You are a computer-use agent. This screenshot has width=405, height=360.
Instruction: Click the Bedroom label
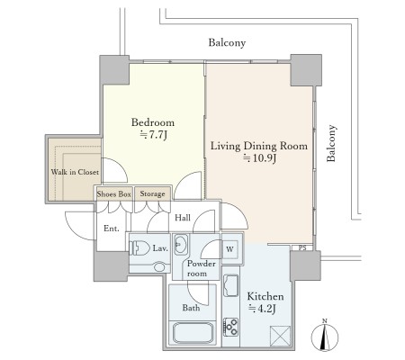pyautogui.click(x=153, y=122)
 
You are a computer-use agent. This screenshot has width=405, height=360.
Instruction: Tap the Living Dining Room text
pyautogui.click(x=259, y=146)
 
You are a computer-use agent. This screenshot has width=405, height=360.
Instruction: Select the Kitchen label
pyautogui.click(x=265, y=296)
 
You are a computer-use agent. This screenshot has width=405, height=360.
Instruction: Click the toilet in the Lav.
pyautogui.click(x=139, y=248)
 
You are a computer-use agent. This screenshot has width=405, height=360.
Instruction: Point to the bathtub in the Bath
pyautogui.click(x=193, y=333)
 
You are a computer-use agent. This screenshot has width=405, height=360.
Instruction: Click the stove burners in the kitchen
pyautogui.click(x=230, y=327)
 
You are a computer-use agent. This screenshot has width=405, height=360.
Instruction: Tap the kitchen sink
pyautogui.click(x=230, y=285)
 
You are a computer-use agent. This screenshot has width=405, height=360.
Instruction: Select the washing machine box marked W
pyautogui.click(x=230, y=249)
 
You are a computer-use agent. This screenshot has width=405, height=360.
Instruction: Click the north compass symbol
pyautogui.click(x=325, y=337)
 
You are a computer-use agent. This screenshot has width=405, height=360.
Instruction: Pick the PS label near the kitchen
pyautogui.click(x=302, y=248)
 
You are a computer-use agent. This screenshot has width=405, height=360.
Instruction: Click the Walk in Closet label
pyautogui.click(x=75, y=172)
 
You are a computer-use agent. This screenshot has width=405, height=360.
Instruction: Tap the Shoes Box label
pyautogui.click(x=114, y=194)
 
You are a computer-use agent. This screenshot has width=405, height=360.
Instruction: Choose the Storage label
pyautogui.click(x=152, y=194)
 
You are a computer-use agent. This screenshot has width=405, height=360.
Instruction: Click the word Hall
pyautogui.click(x=183, y=218)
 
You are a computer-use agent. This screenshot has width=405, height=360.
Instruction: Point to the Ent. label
pyautogui.click(x=112, y=229)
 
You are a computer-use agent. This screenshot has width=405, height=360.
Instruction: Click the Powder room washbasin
pyautogui.click(x=181, y=245)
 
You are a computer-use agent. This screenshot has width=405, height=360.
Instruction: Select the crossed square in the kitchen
pyautogui.click(x=281, y=336)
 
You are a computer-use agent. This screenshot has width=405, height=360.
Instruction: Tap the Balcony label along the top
pyautogui.click(x=227, y=43)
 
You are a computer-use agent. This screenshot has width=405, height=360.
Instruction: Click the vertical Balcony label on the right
pyautogui.click(x=331, y=143)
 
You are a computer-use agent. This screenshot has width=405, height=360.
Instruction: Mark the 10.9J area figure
pyautogui.click(x=259, y=158)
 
